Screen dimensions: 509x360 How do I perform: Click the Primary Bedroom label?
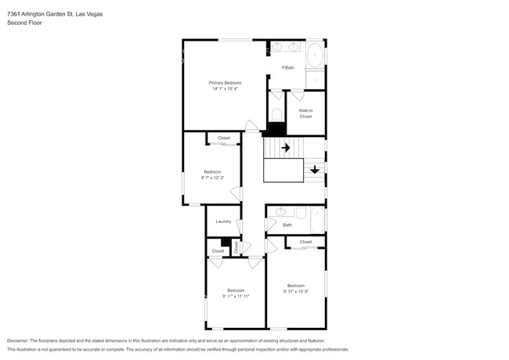click(225, 83)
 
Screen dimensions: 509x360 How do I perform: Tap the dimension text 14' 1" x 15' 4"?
click(226, 88)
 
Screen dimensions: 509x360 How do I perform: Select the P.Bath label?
click(288, 68)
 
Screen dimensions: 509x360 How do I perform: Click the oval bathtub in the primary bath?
click(315, 55)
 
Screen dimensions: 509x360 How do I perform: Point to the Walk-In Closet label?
click(305, 113)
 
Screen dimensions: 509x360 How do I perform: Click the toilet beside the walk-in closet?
click(276, 115)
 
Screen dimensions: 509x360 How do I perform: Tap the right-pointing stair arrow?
click(286, 148)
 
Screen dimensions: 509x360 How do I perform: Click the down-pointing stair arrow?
click(315, 170)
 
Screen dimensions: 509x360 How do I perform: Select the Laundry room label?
click(223, 221)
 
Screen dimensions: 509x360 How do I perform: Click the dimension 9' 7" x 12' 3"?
click(213, 178)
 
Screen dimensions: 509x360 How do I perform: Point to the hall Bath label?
click(287, 225)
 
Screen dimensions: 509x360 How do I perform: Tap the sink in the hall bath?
click(280, 212)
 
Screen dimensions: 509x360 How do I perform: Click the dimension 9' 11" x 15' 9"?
click(296, 292)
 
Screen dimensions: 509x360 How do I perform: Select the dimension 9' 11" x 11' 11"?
click(236, 297)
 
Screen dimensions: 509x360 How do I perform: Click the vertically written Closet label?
click(236, 247)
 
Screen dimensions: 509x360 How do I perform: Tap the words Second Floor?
click(24, 23)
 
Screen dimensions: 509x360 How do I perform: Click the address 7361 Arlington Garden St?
click(40, 14)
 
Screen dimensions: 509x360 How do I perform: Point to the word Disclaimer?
click(17, 341)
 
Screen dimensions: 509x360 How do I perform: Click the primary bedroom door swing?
click(252, 126)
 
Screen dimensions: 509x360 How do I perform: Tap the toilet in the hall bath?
click(301, 213)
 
